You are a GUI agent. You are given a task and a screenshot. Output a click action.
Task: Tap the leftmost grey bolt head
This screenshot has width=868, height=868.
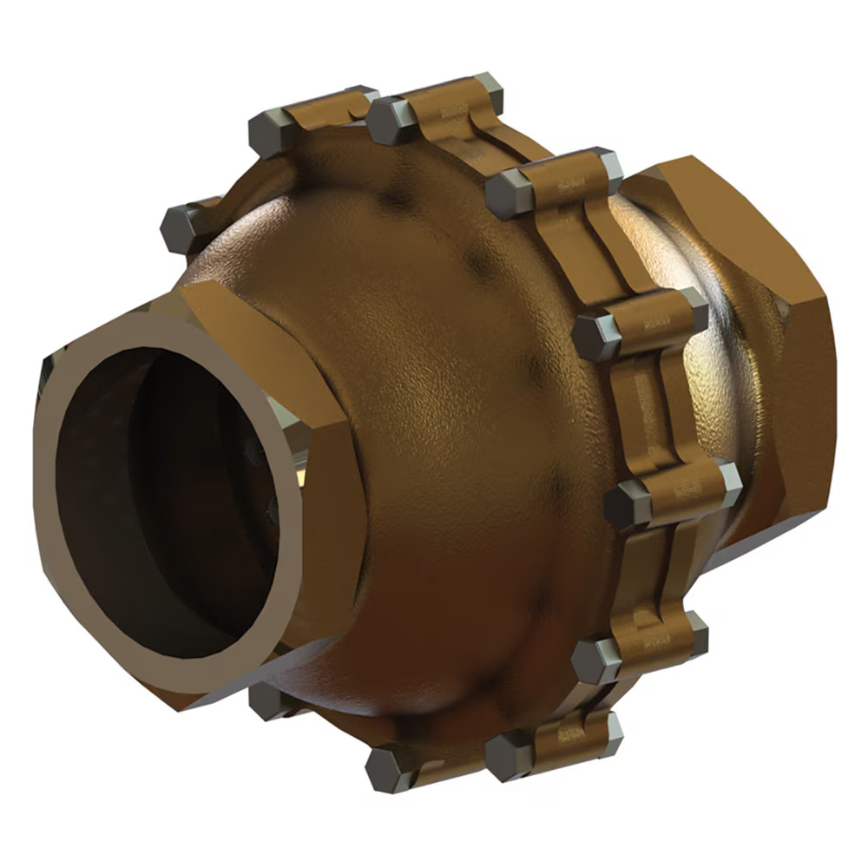[181, 227]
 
